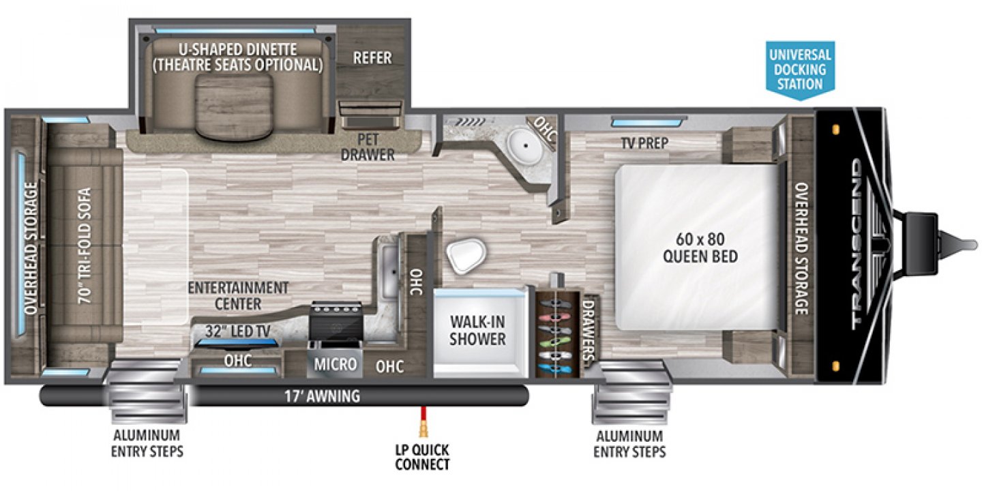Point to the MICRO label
click(335, 365)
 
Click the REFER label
click(372, 58)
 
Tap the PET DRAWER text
click(368, 147)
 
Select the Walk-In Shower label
click(477, 329)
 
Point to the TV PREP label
click(644, 143)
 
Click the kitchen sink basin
click(389, 270)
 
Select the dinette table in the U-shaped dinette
click(235, 106)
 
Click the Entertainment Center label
click(239, 295)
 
